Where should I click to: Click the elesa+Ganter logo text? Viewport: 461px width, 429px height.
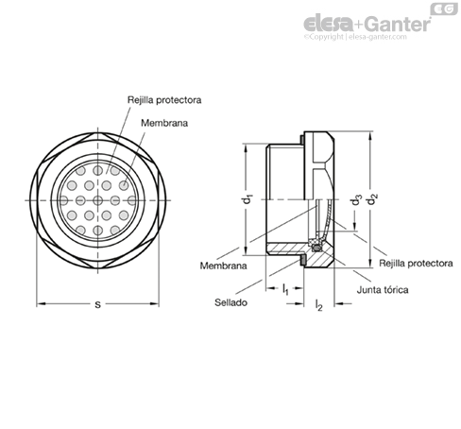pos(367,24)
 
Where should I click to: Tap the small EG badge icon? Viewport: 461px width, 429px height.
pos(444,9)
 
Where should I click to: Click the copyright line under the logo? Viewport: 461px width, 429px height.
pos(355,37)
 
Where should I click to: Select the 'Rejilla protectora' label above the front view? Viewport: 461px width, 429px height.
pos(164,100)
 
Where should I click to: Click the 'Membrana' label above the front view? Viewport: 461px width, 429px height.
pos(164,123)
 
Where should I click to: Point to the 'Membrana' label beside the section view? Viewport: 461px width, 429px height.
pos(223,266)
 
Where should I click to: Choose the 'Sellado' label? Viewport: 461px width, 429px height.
pos(230,302)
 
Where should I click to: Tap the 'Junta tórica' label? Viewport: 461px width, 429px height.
pos(383,289)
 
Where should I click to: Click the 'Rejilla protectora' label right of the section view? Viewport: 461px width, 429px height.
pos(416,264)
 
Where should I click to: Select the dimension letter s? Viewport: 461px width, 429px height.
pos(98,304)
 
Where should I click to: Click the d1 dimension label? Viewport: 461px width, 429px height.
pos(248,199)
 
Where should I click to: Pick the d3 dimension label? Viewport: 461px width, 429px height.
pos(356,199)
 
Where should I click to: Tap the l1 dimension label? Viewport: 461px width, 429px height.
pos(285,289)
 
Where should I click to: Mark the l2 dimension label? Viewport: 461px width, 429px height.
pos(318,305)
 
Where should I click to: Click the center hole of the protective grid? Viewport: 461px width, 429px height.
pos(98,200)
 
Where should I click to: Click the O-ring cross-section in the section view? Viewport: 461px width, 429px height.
pos(316,249)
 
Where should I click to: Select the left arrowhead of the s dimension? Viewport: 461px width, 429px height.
pos(42,304)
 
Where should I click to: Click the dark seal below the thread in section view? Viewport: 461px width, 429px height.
pos(302,261)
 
